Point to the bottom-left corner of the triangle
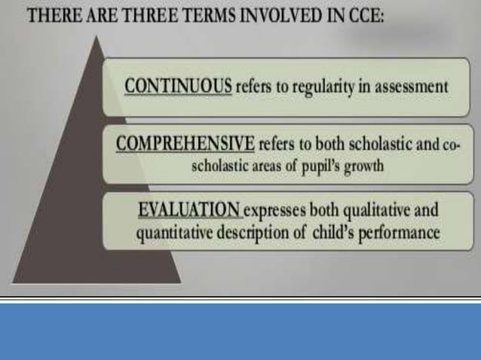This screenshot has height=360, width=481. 14,282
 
